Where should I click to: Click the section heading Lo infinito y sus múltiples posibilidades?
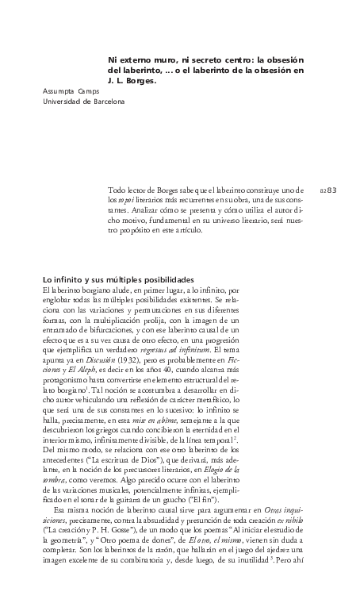117,281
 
